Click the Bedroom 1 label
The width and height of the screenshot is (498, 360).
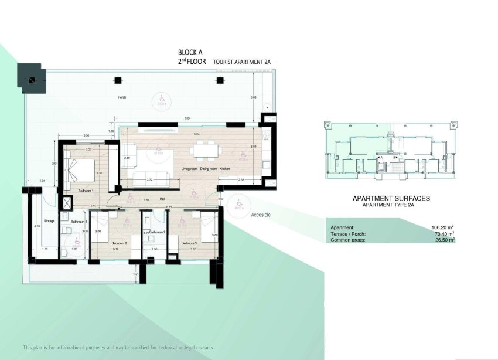click(x=86, y=191)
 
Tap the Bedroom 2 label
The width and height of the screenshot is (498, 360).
click(x=119, y=243)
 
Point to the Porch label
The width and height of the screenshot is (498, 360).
click(x=122, y=97)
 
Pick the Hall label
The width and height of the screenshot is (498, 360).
click(x=162, y=198)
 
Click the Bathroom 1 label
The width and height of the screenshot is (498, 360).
click(x=79, y=222)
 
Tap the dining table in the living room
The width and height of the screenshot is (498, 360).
click(x=207, y=152)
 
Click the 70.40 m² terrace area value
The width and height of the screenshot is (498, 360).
click(x=444, y=233)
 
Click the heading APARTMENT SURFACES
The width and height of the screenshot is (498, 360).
click(x=391, y=198)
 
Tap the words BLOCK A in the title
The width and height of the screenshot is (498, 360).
click(x=190, y=52)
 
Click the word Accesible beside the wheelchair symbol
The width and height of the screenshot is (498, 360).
click(x=261, y=215)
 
